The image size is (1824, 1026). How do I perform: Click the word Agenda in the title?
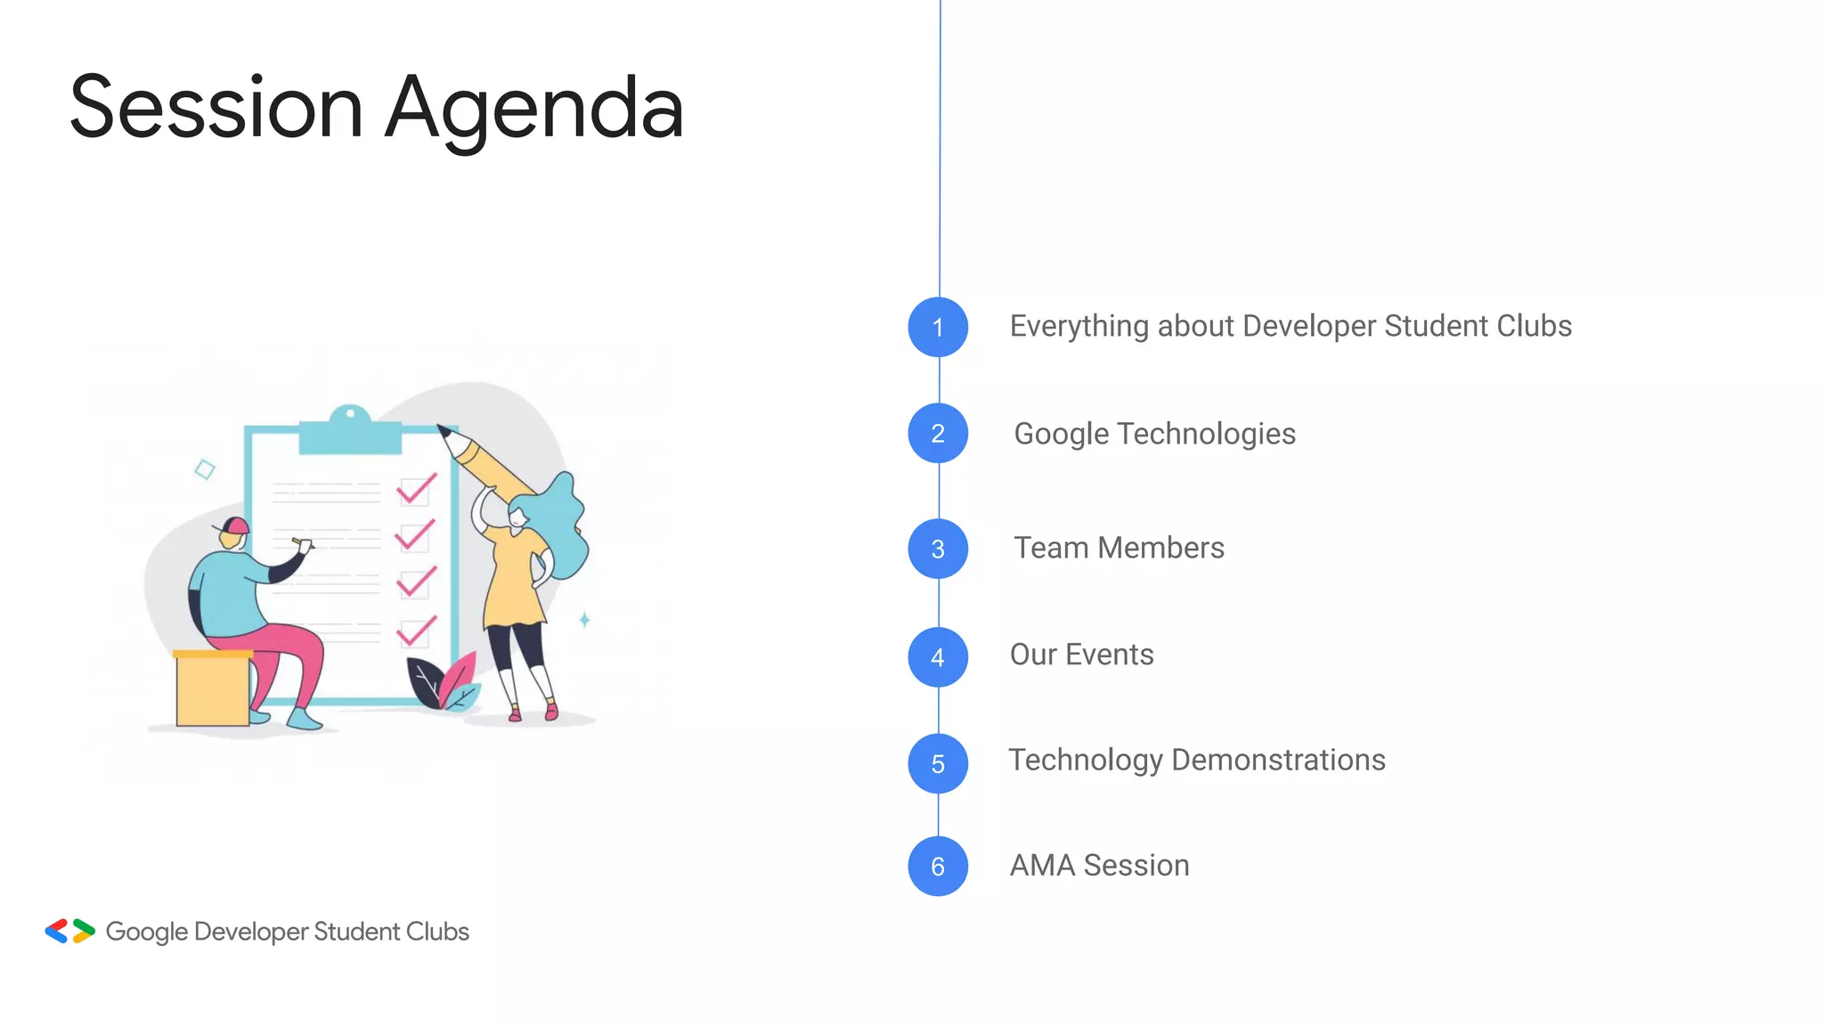click(534, 109)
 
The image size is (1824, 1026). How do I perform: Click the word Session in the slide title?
click(216, 109)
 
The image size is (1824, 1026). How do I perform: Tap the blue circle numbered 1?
click(938, 328)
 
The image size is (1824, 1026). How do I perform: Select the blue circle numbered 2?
click(938, 434)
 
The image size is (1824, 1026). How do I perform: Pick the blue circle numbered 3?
click(938, 549)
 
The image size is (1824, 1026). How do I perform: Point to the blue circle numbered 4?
click(938, 657)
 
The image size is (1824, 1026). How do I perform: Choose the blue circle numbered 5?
click(938, 763)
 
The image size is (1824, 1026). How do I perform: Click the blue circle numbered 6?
click(938, 866)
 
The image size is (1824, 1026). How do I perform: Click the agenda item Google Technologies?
click(1154, 434)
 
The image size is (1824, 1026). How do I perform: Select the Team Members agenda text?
click(1119, 548)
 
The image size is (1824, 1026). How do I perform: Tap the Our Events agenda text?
click(1081, 655)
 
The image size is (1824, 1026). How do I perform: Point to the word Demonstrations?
click(1278, 760)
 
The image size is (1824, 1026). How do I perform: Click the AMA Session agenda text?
click(1099, 866)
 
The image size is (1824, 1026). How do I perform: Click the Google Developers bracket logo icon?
click(69, 932)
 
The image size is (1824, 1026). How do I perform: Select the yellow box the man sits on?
click(212, 689)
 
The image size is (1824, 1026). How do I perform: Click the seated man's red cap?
click(235, 525)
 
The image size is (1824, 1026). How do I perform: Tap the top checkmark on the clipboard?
click(416, 488)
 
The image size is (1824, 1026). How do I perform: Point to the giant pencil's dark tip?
click(444, 433)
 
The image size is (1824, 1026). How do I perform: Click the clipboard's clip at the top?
click(350, 431)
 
